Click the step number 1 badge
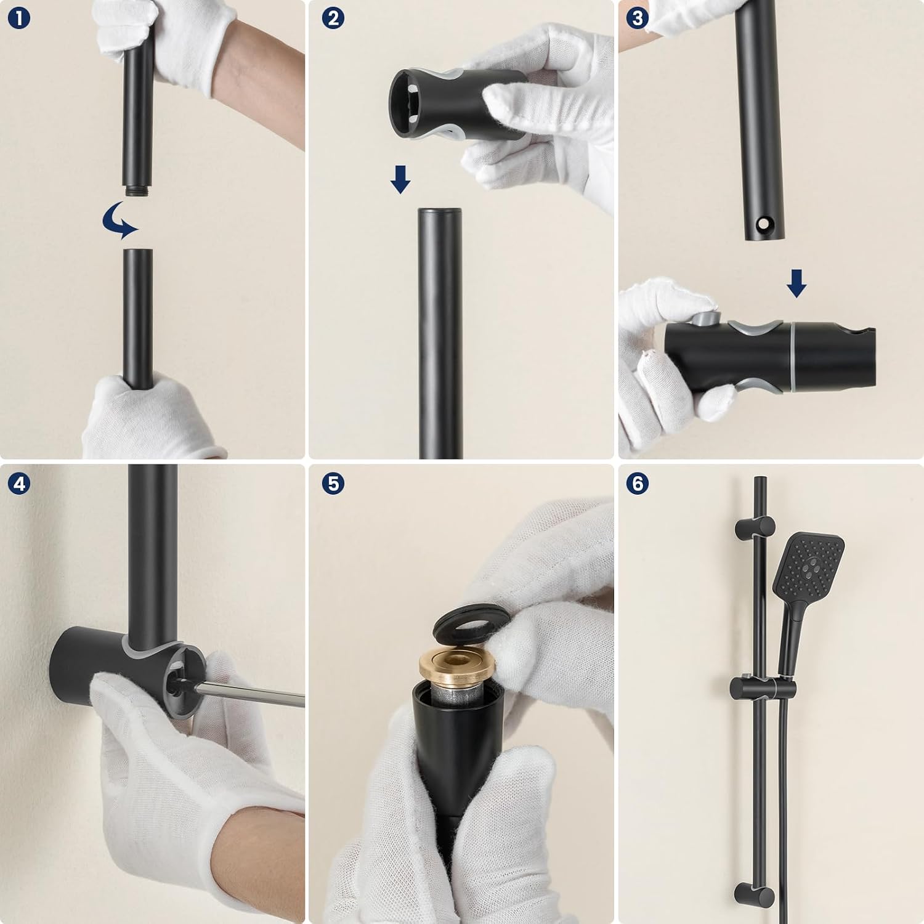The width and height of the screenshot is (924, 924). point(19,18)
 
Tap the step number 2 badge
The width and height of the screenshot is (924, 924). point(333,18)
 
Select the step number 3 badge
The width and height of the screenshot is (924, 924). point(638,18)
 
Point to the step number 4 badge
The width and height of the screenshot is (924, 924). point(19,484)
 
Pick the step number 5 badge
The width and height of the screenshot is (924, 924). point(333,484)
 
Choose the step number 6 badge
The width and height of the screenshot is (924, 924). point(638,484)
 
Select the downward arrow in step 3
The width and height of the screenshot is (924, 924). point(796,283)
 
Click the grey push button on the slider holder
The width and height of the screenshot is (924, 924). point(704,318)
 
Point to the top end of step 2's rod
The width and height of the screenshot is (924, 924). point(440,211)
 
